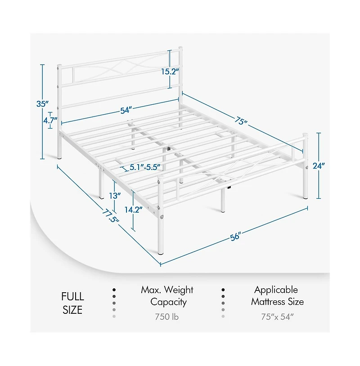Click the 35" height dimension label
pyautogui.click(x=42, y=104)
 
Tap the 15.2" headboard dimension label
pyautogui.click(x=170, y=71)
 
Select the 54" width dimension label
pyautogui.click(x=126, y=110)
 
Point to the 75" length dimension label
pyautogui.click(x=241, y=121)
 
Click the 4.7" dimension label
pyautogui.click(x=50, y=121)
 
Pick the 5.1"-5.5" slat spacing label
pyautogui.click(x=145, y=167)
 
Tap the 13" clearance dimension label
pyautogui.click(x=115, y=196)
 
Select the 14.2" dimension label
pyautogui.click(x=133, y=210)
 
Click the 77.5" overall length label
pyautogui.click(x=111, y=216)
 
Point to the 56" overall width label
pyautogui.click(x=235, y=237)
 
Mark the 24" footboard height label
pyautogui.click(x=319, y=166)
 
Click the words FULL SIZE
pyautogui.click(x=72, y=303)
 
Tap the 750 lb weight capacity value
pyautogui.click(x=167, y=317)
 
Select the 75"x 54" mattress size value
pyautogui.click(x=277, y=317)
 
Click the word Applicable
pyautogui.click(x=276, y=290)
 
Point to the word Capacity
pyautogui.click(x=168, y=302)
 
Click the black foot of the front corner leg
pyautogui.click(x=161, y=252)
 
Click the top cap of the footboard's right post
pyautogui.click(x=305, y=135)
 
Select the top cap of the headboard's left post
pyautogui.click(x=59, y=66)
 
